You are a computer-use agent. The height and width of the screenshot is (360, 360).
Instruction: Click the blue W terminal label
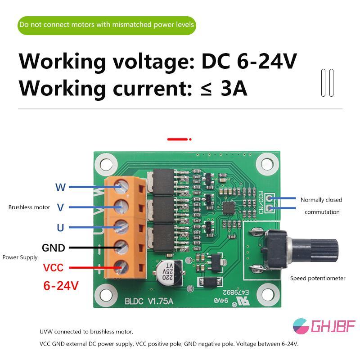tap(60, 187)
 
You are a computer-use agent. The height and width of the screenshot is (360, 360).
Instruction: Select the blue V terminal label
tap(60, 207)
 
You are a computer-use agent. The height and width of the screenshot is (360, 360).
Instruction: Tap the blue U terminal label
tap(60, 228)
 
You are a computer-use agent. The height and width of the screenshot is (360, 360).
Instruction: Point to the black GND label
tap(54, 248)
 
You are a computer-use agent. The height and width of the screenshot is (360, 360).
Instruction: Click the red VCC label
tap(53, 268)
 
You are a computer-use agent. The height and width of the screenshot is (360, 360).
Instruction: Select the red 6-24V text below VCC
tap(61, 285)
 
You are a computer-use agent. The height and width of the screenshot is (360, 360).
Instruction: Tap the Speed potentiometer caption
tap(318, 278)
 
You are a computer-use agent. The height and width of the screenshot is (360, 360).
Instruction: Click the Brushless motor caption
tap(29, 207)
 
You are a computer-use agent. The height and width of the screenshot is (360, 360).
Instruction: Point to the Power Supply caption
tap(20, 257)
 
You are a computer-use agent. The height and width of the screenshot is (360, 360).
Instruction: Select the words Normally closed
tap(321, 200)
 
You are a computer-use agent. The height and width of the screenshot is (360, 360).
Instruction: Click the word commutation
tap(322, 212)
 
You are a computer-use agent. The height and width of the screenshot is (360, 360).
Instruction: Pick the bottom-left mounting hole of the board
tap(105, 295)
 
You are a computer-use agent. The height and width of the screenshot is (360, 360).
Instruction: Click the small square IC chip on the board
tap(229, 208)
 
